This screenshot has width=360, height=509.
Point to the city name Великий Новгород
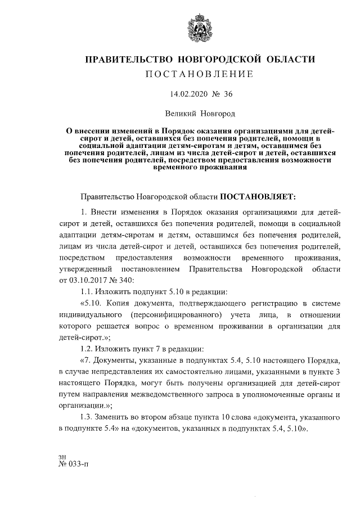(196, 114)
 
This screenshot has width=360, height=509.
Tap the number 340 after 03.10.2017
(124, 280)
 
